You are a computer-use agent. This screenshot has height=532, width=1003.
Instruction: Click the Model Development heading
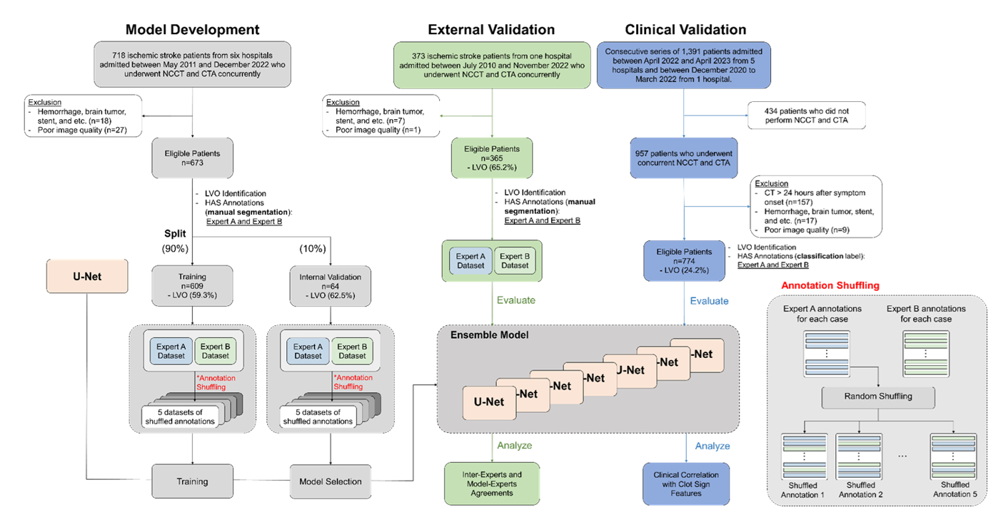click(x=192, y=29)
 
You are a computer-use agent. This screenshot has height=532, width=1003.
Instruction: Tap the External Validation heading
click(x=491, y=29)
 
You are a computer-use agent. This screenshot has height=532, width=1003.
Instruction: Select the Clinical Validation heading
click(x=685, y=29)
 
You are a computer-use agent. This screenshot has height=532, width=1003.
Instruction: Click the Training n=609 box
click(x=192, y=285)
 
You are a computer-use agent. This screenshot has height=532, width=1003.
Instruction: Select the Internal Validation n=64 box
click(x=331, y=285)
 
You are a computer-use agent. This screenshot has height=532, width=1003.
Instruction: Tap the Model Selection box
click(x=330, y=481)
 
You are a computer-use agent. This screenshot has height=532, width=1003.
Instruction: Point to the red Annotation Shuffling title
click(x=830, y=285)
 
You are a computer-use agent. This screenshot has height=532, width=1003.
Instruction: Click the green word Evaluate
click(x=515, y=300)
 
